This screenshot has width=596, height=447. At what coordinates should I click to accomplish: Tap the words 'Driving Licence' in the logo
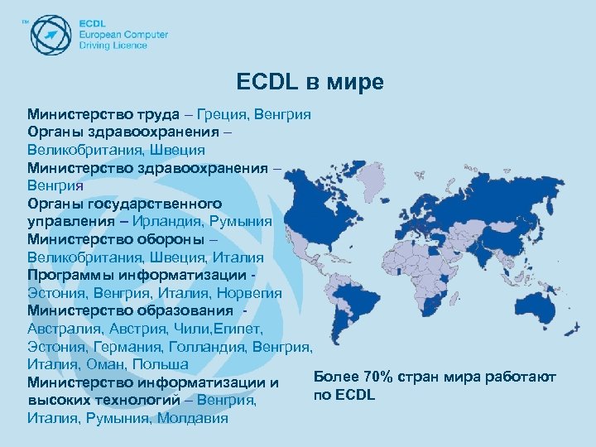(x=113, y=46)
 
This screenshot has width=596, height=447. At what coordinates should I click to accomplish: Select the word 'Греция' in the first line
(x=223, y=113)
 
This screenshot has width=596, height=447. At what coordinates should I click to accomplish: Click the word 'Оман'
(x=103, y=365)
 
